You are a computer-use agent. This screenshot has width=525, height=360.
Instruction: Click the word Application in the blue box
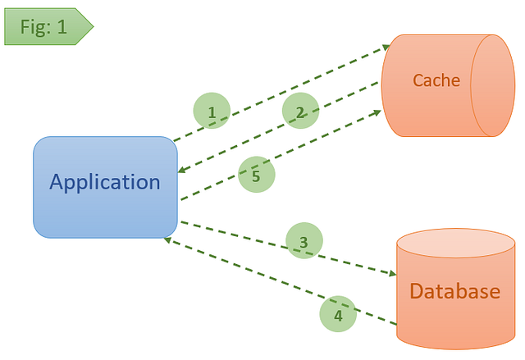pos(105,182)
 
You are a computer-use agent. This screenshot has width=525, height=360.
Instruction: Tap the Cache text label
pos(436,80)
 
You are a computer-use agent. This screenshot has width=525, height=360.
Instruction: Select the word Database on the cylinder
pos(454,291)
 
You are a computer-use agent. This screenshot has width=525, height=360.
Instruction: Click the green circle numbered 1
pos(212,112)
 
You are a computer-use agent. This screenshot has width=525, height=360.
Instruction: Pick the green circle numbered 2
pos(300,112)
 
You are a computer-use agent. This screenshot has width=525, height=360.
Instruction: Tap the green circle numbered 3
pos(304,242)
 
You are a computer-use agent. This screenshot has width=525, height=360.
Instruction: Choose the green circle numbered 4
pos(337,314)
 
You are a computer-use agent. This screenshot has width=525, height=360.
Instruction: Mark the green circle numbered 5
pos(256,175)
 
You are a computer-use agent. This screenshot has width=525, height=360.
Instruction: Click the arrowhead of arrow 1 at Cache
pos(386,48)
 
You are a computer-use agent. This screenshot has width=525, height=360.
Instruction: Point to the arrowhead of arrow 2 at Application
pos(183,171)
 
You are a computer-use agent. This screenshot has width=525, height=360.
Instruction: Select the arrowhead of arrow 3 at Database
pos(391,275)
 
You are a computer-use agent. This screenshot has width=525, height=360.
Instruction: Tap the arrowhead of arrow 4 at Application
pos(167,239)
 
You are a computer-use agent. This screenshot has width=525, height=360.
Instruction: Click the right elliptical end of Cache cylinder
pos(492,85)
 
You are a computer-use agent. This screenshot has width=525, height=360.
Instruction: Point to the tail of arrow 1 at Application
pos(177,139)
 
